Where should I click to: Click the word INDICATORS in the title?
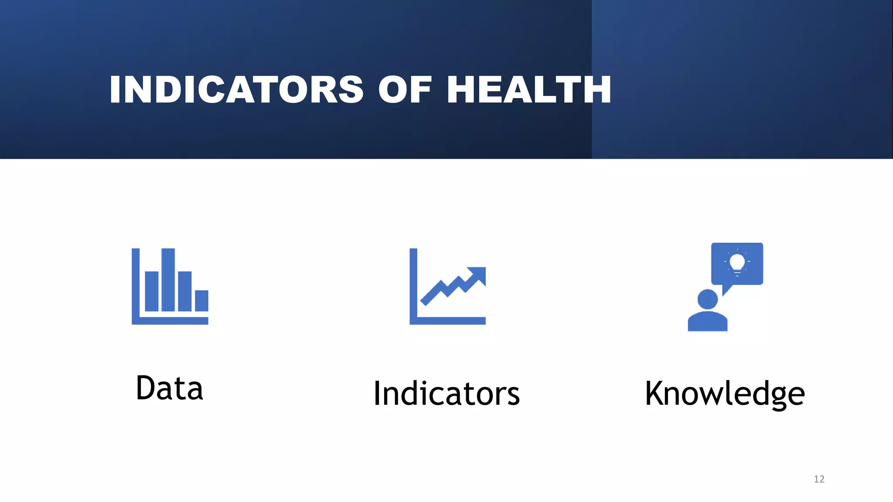(x=236, y=90)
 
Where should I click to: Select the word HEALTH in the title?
(x=529, y=90)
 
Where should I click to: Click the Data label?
(x=169, y=388)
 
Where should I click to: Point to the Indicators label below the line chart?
(x=446, y=393)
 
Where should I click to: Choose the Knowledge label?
(x=725, y=393)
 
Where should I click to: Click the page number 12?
(x=819, y=479)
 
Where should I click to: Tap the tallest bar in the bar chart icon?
(x=168, y=280)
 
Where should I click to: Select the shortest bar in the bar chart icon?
(x=201, y=301)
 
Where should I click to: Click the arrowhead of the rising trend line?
(x=478, y=274)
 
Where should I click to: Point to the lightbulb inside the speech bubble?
(x=737, y=263)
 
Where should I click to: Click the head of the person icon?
(x=707, y=300)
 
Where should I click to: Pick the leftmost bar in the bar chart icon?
(x=151, y=291)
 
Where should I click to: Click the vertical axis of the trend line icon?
(x=413, y=283)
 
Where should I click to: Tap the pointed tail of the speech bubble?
(x=726, y=291)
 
